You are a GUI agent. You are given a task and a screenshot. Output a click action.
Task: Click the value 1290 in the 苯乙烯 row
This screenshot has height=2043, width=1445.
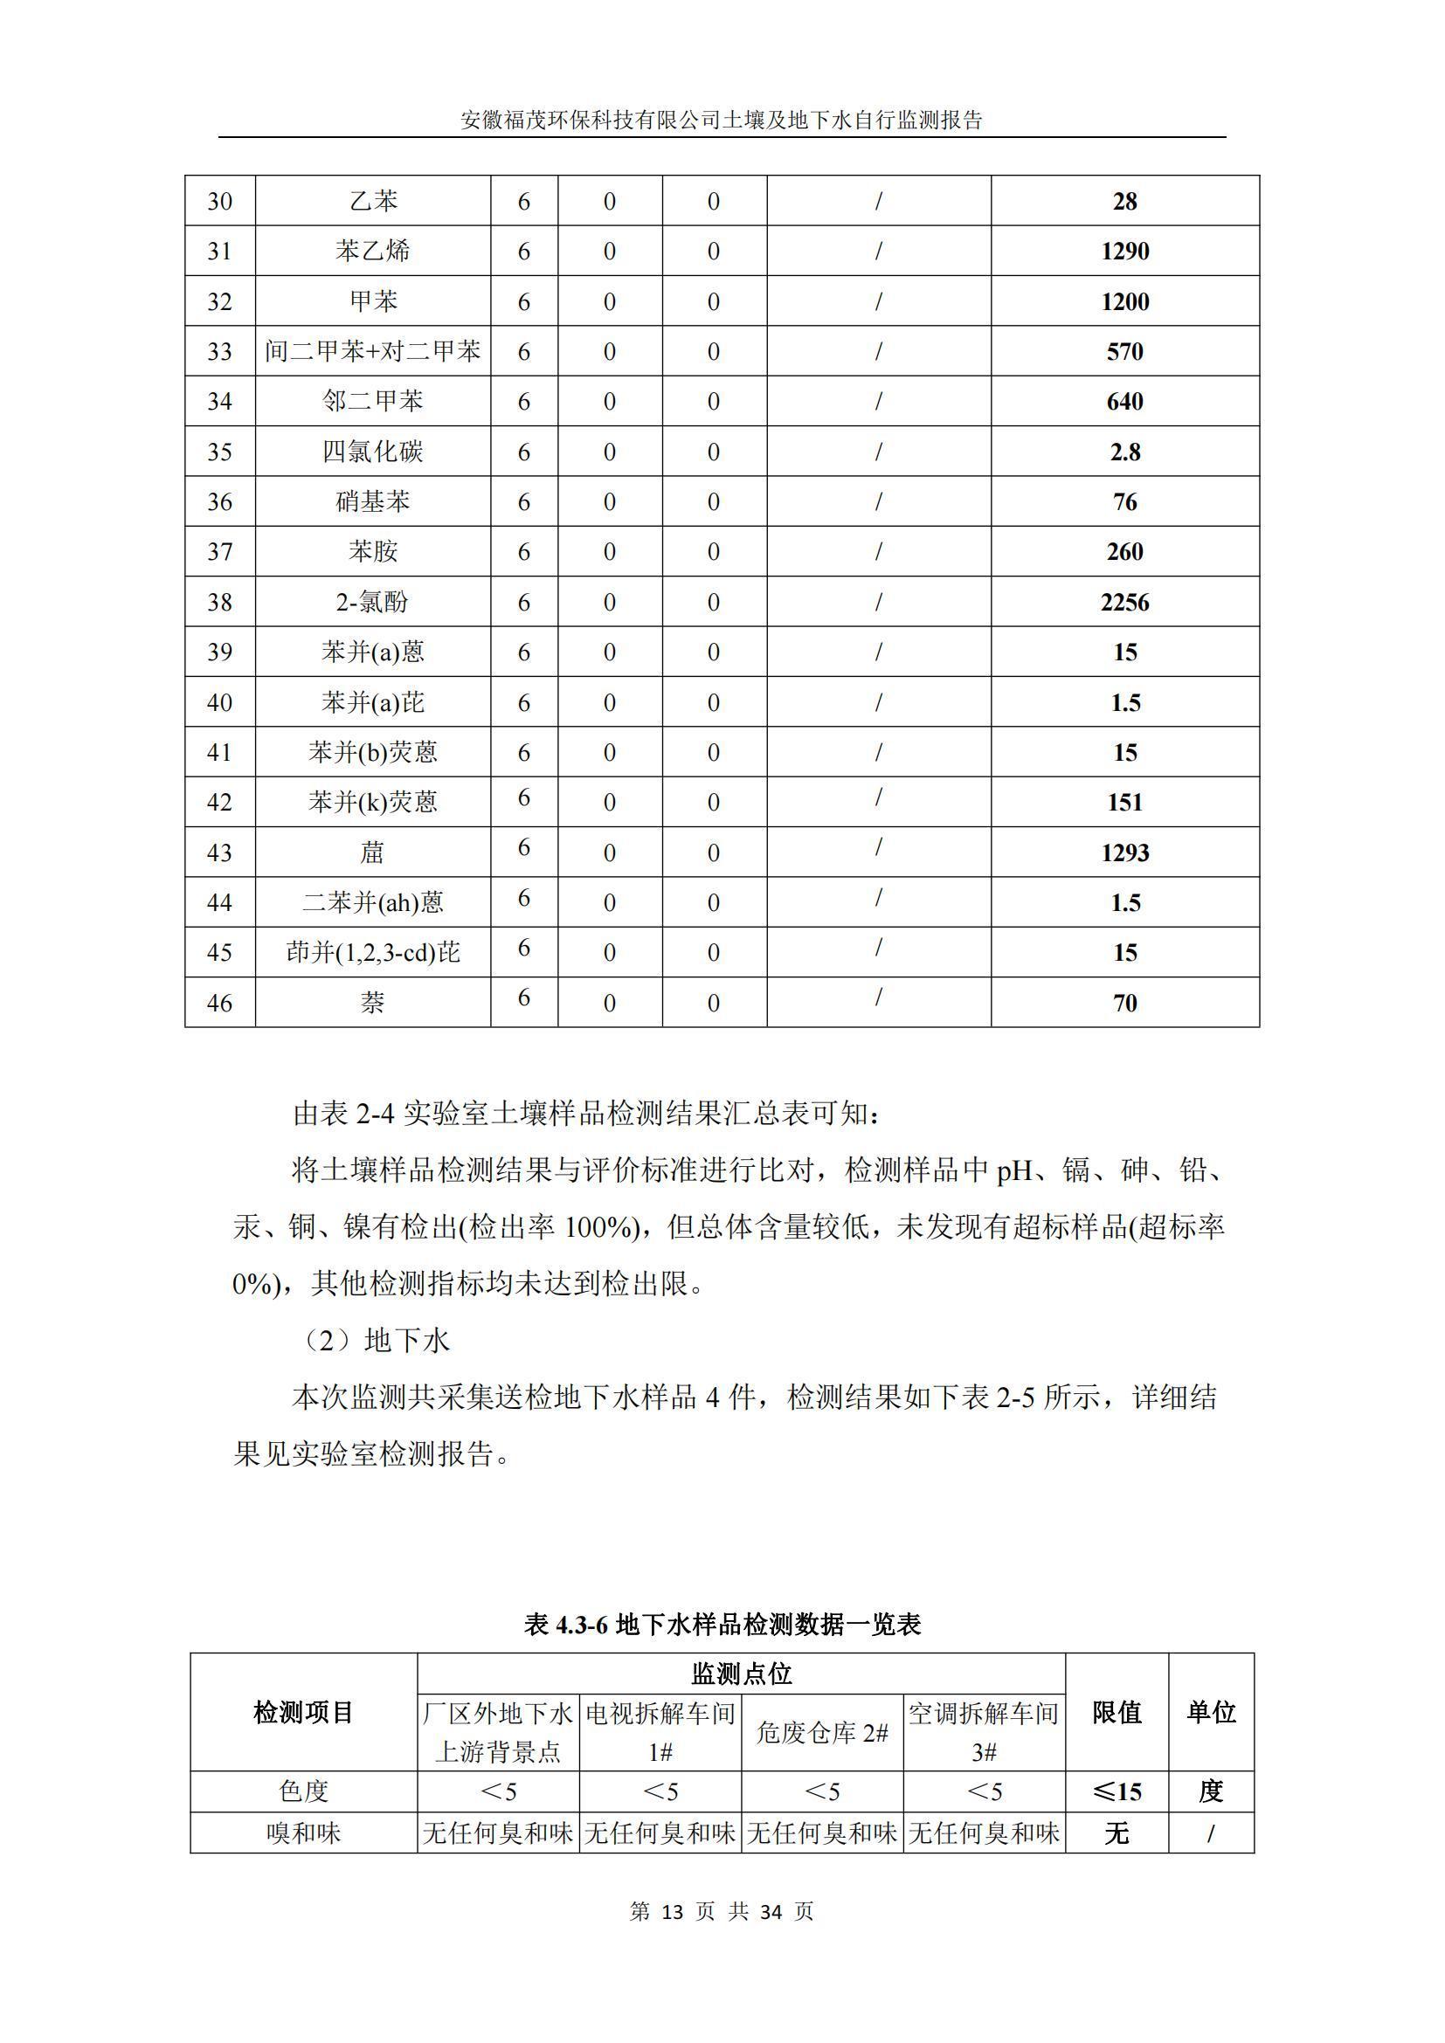pos(1124,251)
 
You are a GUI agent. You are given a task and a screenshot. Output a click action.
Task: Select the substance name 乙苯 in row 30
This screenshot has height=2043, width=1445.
pos(373,201)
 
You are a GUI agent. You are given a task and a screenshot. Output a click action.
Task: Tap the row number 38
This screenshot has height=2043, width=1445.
pos(219,603)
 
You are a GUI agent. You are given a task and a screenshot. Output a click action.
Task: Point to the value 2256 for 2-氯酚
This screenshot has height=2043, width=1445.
pos(1124,603)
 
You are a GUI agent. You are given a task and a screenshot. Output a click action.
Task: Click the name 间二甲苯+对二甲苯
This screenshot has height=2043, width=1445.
pos(373,351)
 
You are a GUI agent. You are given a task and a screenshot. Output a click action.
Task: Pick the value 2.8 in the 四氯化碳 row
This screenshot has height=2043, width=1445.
pos(1124,452)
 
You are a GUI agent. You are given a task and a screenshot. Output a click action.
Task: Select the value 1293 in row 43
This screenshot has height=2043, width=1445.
pos(1124,852)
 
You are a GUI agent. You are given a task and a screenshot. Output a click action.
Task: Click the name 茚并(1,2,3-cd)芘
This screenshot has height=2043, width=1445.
pos(373,953)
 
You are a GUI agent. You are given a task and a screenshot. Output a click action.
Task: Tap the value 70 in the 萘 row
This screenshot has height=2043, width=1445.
pos(1124,1003)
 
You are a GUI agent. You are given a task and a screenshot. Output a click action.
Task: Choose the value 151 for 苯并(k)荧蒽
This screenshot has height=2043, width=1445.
pos(1124,803)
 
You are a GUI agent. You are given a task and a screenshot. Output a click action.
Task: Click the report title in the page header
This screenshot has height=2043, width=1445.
pos(722,121)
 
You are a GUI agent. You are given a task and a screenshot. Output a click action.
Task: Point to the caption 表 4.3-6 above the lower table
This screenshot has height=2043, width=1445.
pos(722,1624)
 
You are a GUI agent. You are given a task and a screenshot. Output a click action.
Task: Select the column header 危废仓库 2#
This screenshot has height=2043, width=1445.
pos(821,1732)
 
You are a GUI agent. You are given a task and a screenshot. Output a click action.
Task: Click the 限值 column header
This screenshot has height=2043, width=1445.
pos(1116,1712)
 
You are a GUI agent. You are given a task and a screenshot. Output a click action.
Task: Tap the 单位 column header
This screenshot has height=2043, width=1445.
pos(1210,1712)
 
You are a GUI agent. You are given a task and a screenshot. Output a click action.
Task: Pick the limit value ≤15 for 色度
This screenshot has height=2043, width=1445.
pos(1116,1791)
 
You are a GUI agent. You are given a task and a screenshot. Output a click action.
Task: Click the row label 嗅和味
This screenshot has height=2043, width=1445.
pos(303,1832)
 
